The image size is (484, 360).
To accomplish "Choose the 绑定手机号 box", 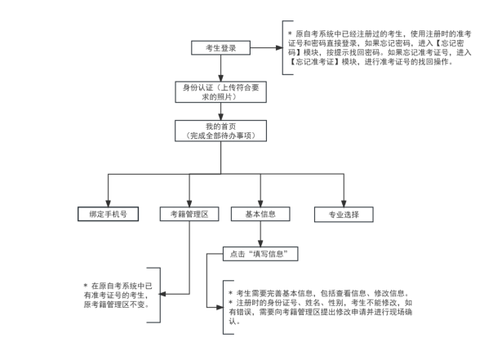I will (108, 214).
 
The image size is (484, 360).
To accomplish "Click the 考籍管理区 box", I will (189, 214).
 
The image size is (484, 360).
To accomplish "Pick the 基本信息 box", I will (260, 214).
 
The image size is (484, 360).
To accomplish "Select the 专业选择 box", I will (344, 214).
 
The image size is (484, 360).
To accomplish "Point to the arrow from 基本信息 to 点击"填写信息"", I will (260, 235).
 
